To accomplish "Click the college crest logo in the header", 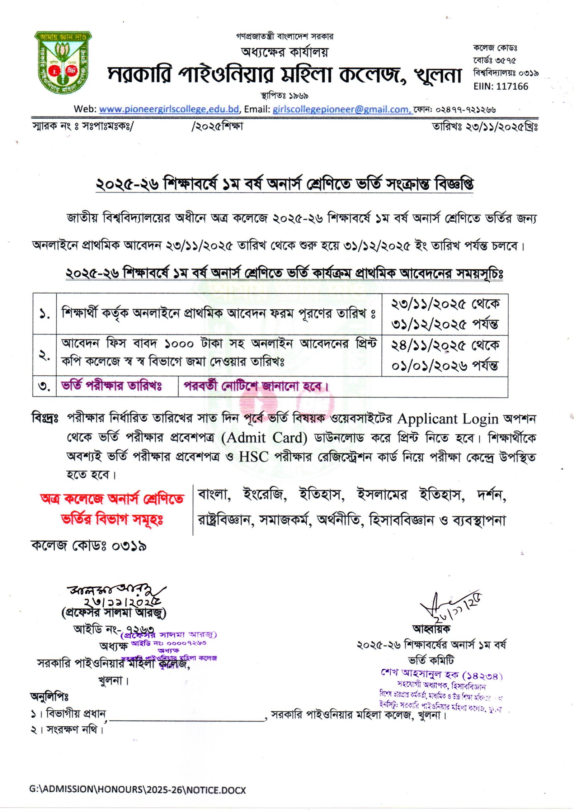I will pyautogui.click(x=63, y=63).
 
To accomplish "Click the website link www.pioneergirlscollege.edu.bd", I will pyautogui.click(x=169, y=109).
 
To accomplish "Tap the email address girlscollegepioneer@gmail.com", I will pyautogui.click(x=341, y=109).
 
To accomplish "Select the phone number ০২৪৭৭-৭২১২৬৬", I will pyautogui.click(x=466, y=109).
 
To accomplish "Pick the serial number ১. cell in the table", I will pyautogui.click(x=44, y=314).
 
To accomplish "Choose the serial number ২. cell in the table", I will pyautogui.click(x=44, y=356).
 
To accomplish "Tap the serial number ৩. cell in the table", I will pyautogui.click(x=44, y=386).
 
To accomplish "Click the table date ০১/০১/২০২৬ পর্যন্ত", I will pyautogui.click(x=444, y=366).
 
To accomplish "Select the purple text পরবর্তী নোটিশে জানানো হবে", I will pyautogui.click(x=256, y=386).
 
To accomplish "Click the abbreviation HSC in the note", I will pyautogui.click(x=254, y=457).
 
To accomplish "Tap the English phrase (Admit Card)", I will pyautogui.click(x=264, y=438).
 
